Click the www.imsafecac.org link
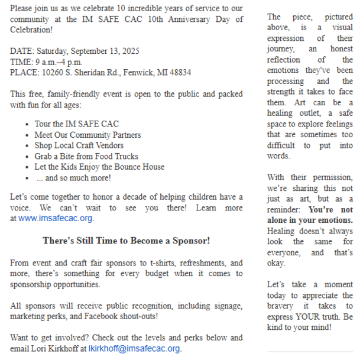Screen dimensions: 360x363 click(56, 218)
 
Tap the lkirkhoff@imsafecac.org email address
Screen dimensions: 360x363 click(135, 348)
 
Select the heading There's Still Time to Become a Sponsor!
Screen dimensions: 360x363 click(127, 241)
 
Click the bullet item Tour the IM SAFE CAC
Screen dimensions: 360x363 click(76, 124)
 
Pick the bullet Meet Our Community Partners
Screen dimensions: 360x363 click(87, 135)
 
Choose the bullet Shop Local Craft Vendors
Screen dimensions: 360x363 click(79, 145)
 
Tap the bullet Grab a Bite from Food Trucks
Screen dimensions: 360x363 click(86, 156)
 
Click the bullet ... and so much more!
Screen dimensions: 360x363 click(73, 177)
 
